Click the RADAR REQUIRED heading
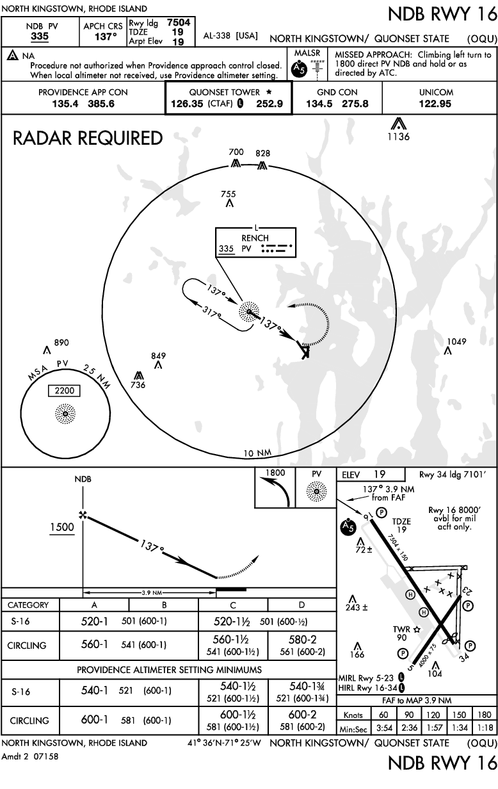88,138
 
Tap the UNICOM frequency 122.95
435,104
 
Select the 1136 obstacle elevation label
398,136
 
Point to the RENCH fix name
255,238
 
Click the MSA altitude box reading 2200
65,391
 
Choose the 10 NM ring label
257,453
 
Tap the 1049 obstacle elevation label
456,341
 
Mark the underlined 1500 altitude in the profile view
62,527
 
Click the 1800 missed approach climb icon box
275,487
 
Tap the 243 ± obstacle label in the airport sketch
357,607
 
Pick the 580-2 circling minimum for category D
302,639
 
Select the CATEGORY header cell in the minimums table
28,605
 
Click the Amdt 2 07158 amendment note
30,756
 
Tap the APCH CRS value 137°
106,37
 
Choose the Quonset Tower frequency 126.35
187,104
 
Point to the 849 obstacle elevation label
158,356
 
